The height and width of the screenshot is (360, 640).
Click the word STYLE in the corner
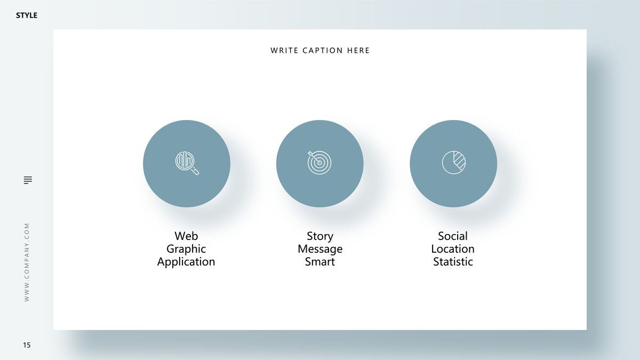pos(27,15)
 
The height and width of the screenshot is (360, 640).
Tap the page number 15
pos(27,345)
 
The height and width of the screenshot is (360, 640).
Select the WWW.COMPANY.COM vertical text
pos(27,262)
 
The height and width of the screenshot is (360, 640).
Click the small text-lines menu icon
pos(28,180)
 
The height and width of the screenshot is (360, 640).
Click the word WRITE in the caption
pos(284,51)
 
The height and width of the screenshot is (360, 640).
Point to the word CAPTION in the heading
pos(323,51)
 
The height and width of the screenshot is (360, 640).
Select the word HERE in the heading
pos(358,51)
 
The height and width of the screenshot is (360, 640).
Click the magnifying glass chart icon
pos(187,163)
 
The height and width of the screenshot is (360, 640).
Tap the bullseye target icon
pos(319,162)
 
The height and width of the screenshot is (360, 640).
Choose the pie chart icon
pos(454,162)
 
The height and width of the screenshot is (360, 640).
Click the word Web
pos(186,236)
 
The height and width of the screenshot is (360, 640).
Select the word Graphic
pos(186,249)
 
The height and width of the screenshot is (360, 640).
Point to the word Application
pos(186,262)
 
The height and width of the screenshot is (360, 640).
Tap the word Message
pos(320,249)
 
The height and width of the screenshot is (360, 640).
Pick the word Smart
pos(319,262)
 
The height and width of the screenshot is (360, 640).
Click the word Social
pos(453,236)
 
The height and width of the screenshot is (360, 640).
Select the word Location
pos(453,249)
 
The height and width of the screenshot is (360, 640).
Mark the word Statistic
pos(453,262)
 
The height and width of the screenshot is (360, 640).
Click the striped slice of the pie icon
pos(460,161)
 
